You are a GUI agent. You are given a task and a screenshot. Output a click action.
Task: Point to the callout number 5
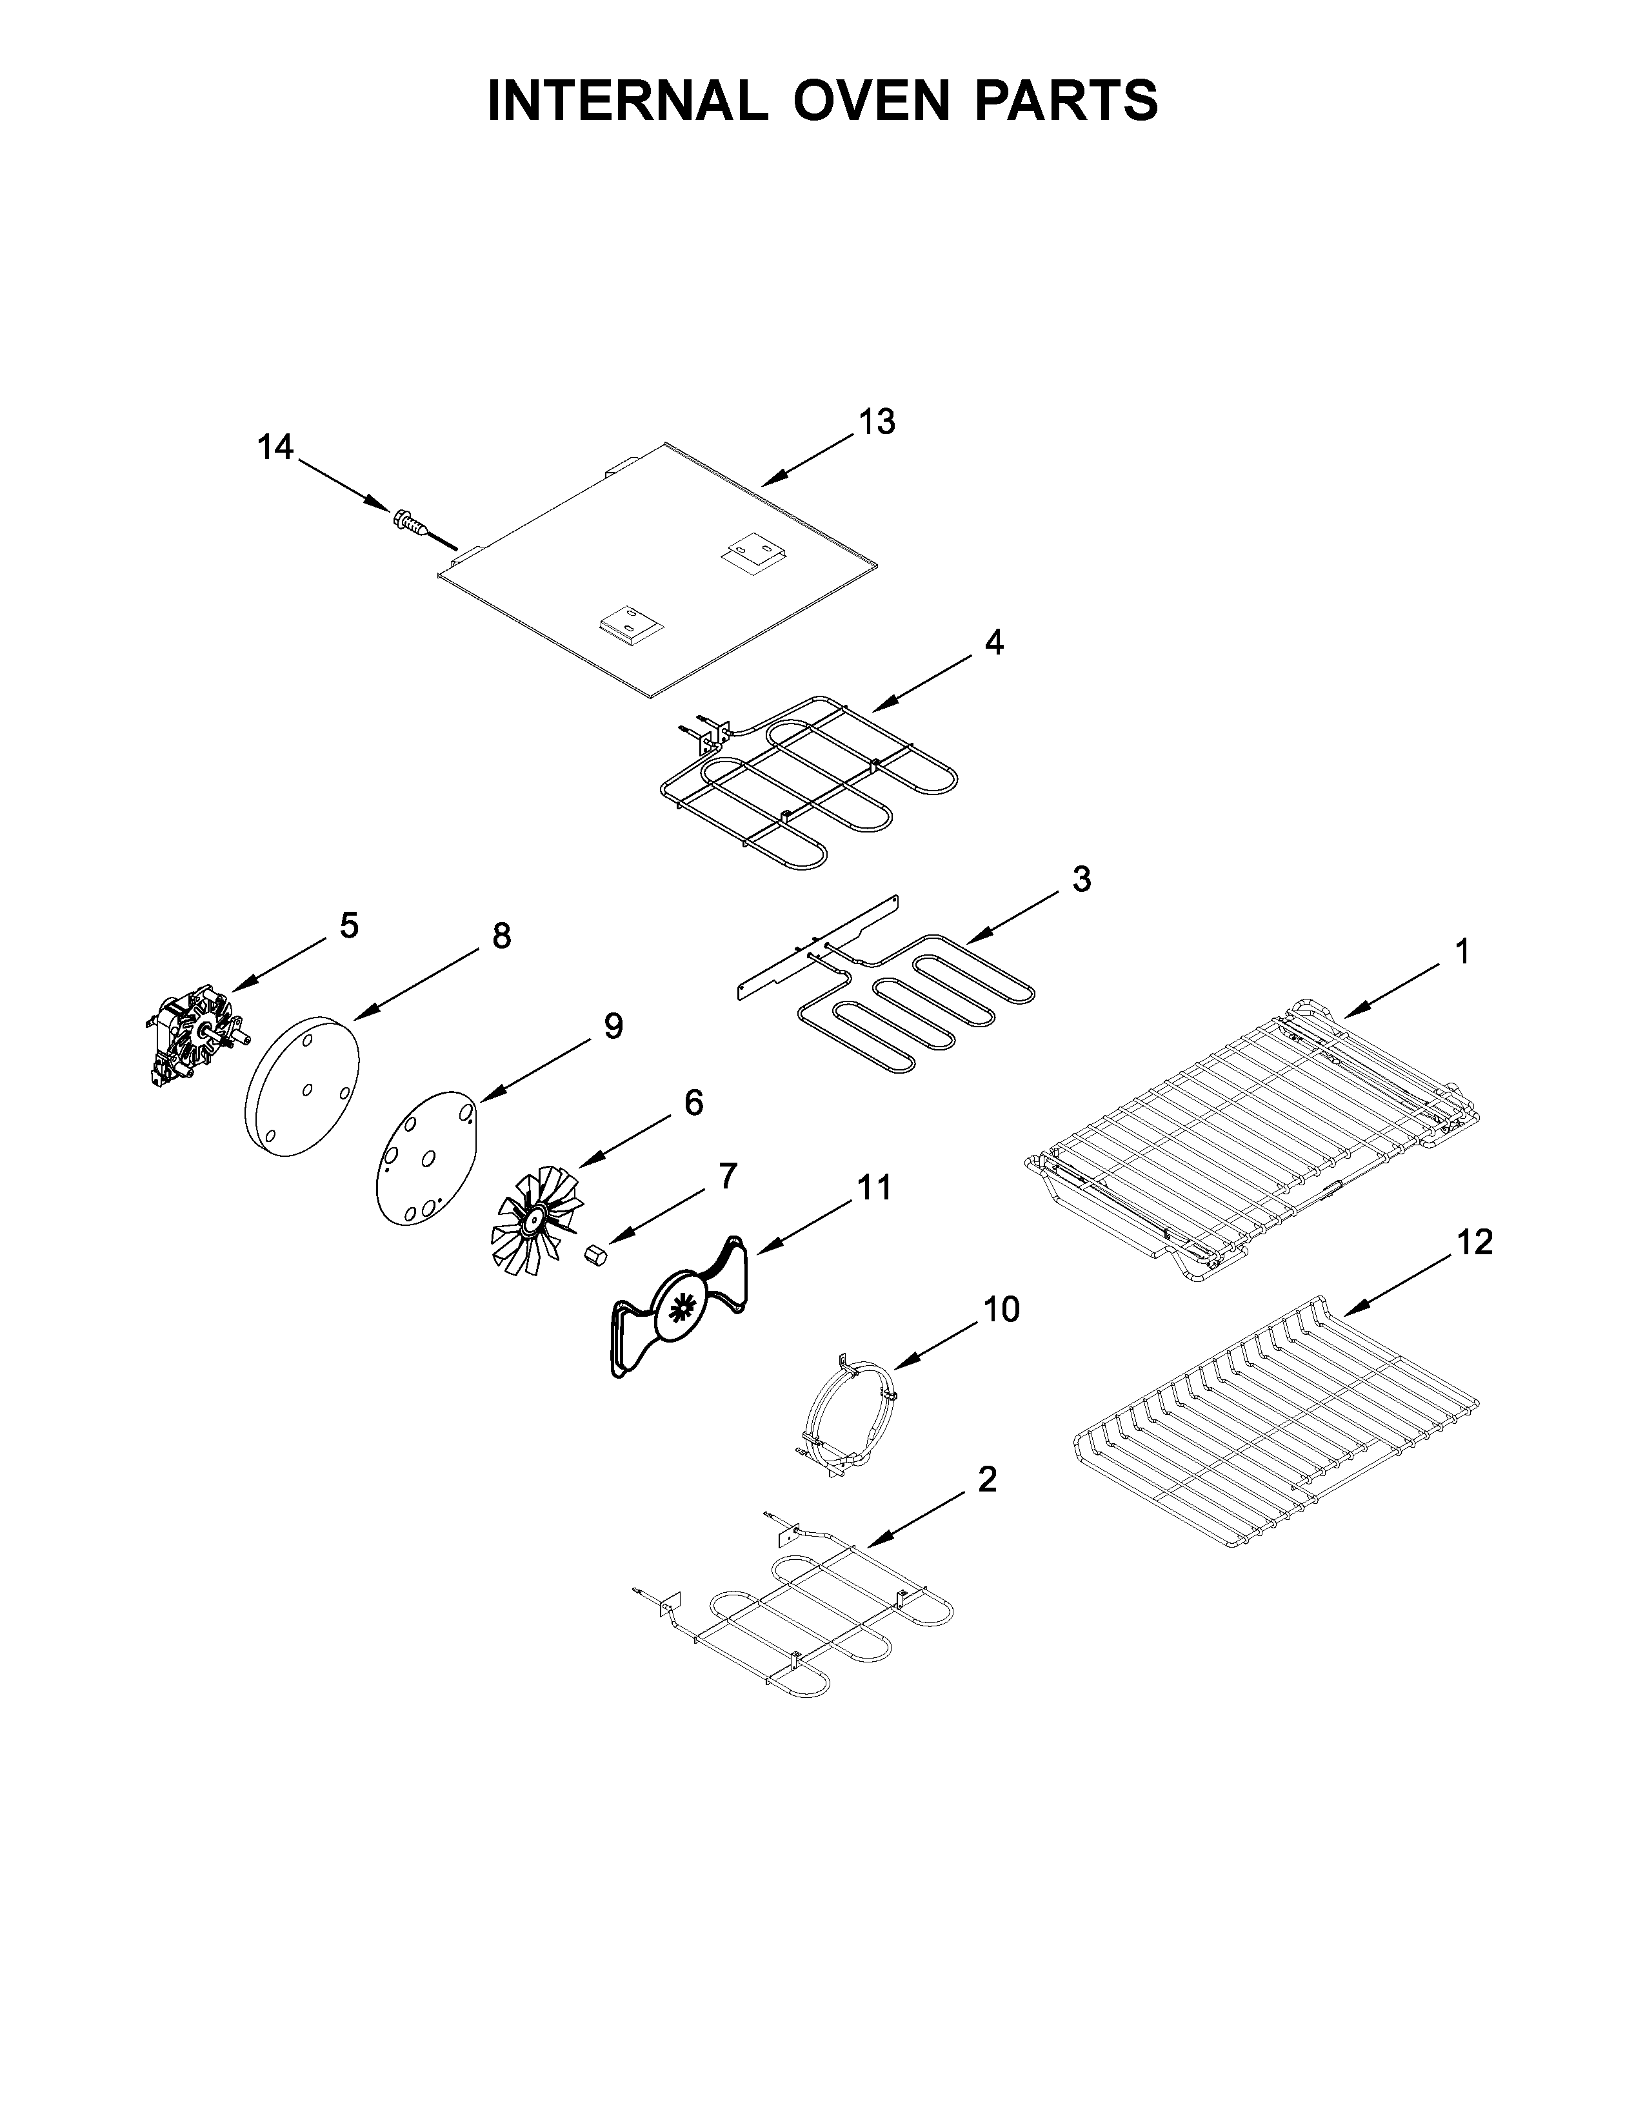349,925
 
